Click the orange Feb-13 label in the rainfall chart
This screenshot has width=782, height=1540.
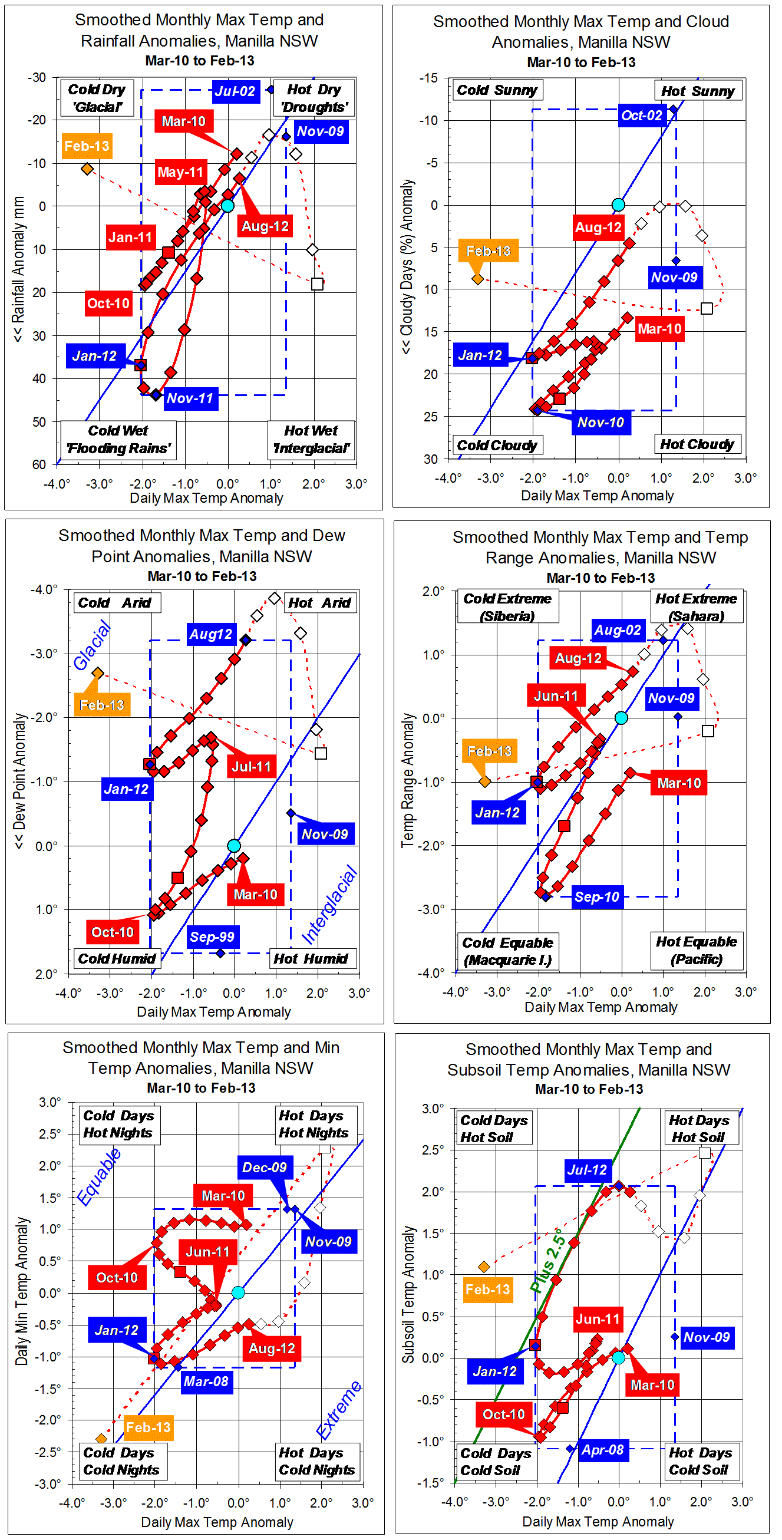(x=87, y=146)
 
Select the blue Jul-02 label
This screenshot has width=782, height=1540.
(x=236, y=91)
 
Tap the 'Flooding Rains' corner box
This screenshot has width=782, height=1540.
(x=118, y=440)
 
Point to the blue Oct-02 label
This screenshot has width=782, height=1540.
(x=642, y=116)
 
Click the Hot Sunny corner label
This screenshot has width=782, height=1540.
(x=698, y=91)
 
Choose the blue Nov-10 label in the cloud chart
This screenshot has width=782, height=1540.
(x=601, y=423)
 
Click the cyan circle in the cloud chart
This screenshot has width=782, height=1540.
(x=618, y=205)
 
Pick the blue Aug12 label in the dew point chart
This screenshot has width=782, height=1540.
(x=210, y=634)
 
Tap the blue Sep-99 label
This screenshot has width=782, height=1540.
(x=212, y=937)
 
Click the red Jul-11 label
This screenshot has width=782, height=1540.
(x=251, y=766)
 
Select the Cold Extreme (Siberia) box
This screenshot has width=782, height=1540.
(x=507, y=607)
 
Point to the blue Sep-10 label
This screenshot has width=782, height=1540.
(x=596, y=897)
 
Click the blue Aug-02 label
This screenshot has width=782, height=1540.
(x=618, y=630)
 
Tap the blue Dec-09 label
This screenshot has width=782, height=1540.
(x=264, y=1168)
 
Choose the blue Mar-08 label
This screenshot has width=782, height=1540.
(x=206, y=1381)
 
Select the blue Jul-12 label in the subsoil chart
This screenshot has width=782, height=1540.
(x=587, y=1170)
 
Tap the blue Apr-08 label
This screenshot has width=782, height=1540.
(x=603, y=1450)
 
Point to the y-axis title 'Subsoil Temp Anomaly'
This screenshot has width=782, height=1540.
(x=408, y=1294)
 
